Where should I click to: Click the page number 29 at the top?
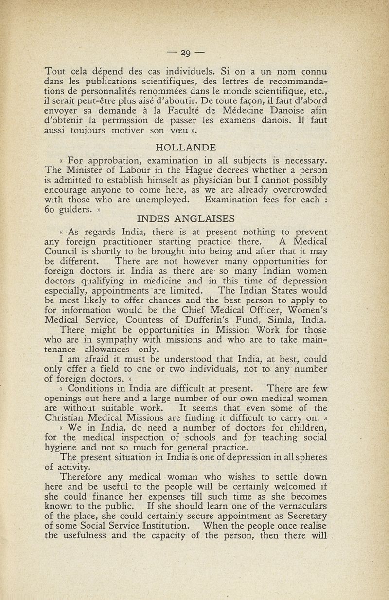[x=194, y=51]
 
